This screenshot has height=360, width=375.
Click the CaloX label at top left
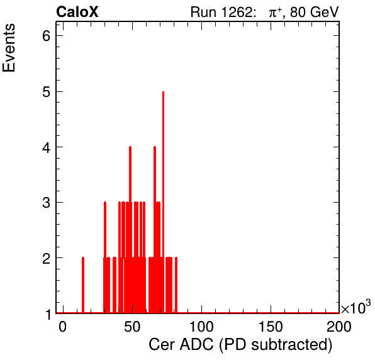pos(77,12)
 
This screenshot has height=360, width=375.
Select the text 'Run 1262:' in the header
pos(221,12)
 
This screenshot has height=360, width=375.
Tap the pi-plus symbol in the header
pos(275,12)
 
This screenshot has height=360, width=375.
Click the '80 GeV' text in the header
pos(315,12)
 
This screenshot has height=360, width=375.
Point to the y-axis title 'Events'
pos(9,48)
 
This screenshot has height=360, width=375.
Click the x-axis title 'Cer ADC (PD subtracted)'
pos(240,345)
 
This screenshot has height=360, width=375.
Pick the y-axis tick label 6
pos(47,36)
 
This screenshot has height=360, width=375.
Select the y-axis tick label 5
pos(47,91)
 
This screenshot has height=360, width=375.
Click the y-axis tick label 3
pos(47,203)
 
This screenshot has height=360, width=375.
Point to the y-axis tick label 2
pos(47,258)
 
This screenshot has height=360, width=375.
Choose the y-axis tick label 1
pos(48,314)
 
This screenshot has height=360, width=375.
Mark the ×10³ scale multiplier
pos(356,307)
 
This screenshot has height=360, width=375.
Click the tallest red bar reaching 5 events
pos(163,202)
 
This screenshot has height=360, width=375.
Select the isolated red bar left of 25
pos(83,285)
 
